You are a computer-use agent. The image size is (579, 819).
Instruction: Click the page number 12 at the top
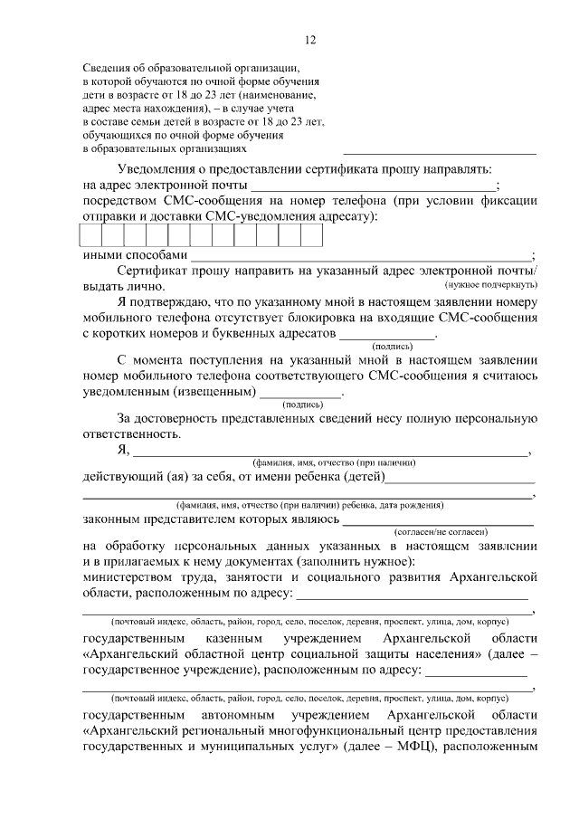tap(310, 40)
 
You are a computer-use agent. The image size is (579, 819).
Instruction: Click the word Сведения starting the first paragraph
tap(105, 67)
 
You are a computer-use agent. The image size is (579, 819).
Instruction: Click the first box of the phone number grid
tap(90, 234)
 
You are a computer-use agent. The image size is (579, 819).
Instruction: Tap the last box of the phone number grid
tap(311, 234)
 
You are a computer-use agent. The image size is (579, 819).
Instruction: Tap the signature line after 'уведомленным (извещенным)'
tap(300, 394)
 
